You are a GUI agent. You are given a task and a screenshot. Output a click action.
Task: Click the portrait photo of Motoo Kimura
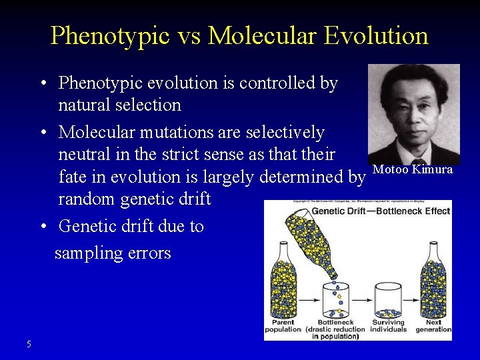pyautogui.click(x=413, y=114)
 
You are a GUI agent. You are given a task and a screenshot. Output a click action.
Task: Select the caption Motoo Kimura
pyautogui.click(x=413, y=169)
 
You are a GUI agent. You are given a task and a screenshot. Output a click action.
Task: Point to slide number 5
pyautogui.click(x=29, y=344)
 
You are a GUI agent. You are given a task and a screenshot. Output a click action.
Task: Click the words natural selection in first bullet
pyautogui.click(x=119, y=105)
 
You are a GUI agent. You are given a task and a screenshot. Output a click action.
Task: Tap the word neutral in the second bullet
pyautogui.click(x=86, y=155)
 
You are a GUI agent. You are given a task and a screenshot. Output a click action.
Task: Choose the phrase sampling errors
pyautogui.click(x=113, y=253)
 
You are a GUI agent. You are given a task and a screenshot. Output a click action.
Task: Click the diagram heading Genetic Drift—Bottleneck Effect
pyautogui.click(x=381, y=211)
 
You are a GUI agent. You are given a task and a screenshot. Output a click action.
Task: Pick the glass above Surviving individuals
pyautogui.click(x=388, y=299)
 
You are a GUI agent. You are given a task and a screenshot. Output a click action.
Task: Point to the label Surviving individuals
pyautogui.click(x=388, y=325)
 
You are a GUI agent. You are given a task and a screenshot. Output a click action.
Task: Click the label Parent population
pyautogui.click(x=283, y=325)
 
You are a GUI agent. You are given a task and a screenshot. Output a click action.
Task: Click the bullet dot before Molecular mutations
pyautogui.click(x=42, y=133)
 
